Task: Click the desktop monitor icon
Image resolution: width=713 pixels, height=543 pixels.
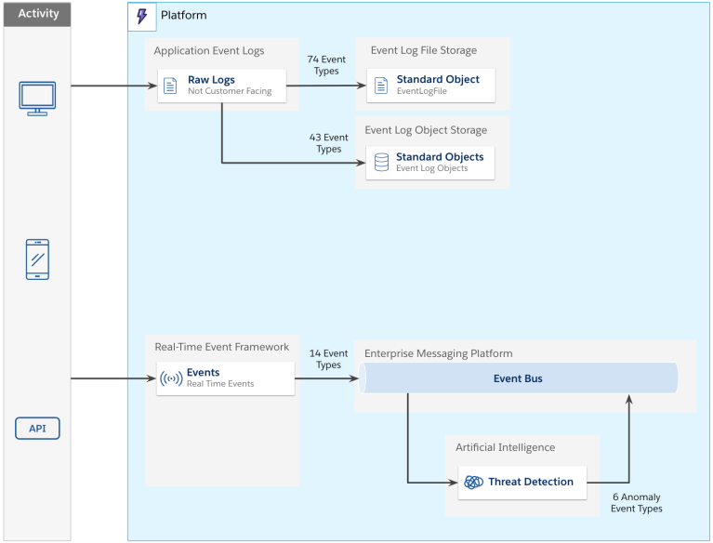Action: tap(37, 98)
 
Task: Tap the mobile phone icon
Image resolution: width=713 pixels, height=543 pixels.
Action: tap(37, 259)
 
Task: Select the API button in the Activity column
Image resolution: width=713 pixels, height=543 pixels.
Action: tap(37, 429)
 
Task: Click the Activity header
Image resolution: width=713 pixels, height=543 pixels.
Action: tap(38, 14)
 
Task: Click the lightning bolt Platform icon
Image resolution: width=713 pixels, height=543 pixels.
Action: tap(141, 16)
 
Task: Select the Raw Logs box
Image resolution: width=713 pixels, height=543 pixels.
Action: tap(221, 86)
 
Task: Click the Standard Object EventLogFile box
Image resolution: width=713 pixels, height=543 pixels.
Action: tap(430, 86)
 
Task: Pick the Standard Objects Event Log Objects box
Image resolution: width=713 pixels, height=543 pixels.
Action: tap(429, 163)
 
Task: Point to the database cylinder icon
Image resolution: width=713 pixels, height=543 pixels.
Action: tap(381, 163)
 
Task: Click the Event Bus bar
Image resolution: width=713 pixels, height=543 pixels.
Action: tap(519, 378)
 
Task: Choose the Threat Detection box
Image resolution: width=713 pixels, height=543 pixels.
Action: tap(522, 482)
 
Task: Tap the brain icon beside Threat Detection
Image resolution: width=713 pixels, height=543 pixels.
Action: tap(474, 483)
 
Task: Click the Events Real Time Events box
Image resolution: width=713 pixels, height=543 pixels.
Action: tap(225, 377)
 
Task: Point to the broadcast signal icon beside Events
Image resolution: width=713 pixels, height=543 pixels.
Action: tap(171, 378)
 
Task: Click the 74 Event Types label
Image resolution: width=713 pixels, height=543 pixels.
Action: tap(325, 65)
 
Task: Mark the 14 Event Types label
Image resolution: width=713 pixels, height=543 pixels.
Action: tap(328, 359)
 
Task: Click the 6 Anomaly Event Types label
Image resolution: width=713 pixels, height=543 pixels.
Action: tap(636, 502)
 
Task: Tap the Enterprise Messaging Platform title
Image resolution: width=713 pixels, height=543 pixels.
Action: tap(438, 353)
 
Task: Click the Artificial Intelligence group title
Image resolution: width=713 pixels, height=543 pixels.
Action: tap(505, 447)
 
